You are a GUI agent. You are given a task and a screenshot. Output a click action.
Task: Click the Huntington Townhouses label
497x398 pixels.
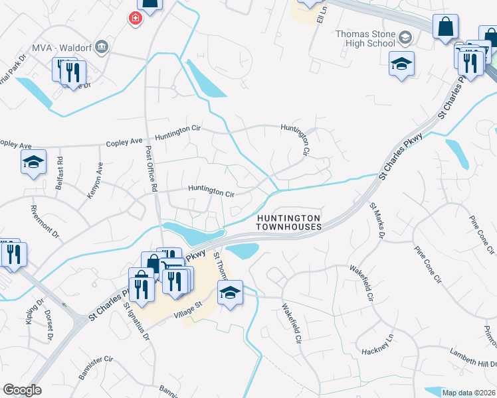point(289,222)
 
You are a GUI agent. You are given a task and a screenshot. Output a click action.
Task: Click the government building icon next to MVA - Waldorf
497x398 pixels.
point(102,46)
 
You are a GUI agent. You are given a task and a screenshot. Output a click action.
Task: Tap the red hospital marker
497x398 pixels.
point(136,19)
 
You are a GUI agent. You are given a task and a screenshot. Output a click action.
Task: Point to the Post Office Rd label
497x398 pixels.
point(151,169)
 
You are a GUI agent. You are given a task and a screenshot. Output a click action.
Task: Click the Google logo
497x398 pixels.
point(21,390)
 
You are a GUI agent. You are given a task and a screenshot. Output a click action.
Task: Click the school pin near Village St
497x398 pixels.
point(230,292)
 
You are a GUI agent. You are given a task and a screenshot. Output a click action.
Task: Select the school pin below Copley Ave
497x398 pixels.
point(33,162)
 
